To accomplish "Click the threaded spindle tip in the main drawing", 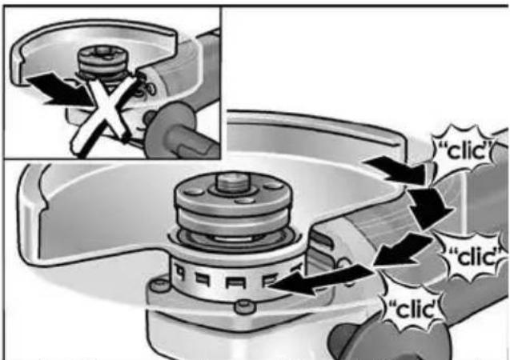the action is (232, 182).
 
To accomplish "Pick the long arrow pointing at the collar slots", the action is (320, 279).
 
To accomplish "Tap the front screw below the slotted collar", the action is (245, 306).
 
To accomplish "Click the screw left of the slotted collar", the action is (159, 286).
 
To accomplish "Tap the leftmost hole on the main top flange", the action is (192, 191).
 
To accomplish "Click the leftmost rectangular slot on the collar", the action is (179, 270).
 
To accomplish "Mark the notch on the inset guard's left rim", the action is (22, 59).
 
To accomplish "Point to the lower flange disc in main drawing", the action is (233, 222).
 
